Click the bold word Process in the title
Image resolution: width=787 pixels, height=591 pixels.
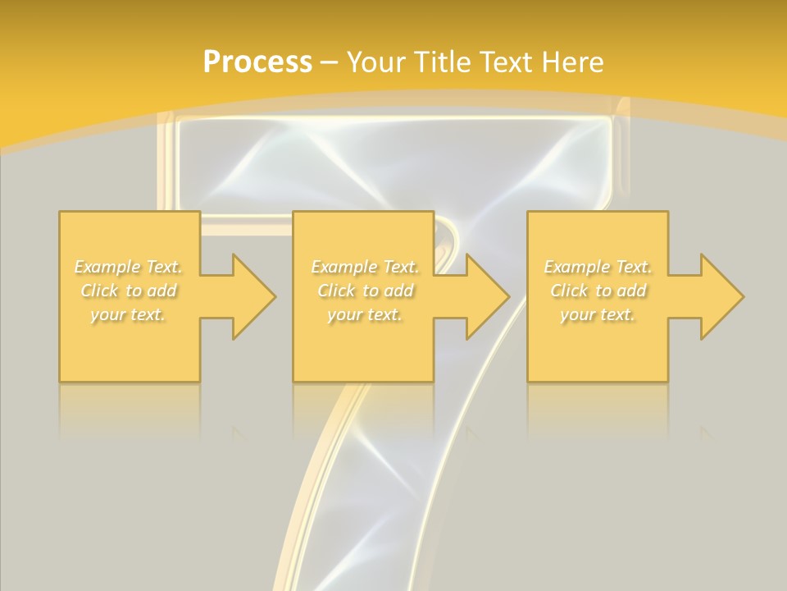coord(257,62)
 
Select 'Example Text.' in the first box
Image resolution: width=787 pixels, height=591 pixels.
coord(129,267)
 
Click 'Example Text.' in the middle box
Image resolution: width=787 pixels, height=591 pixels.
coord(365,267)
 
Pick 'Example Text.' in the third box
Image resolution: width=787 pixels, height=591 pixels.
coord(598,267)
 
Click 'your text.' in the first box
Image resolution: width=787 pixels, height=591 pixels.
coord(129,314)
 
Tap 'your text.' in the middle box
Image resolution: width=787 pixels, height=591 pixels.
coord(365,314)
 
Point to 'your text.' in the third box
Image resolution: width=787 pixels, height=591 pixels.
coord(598,314)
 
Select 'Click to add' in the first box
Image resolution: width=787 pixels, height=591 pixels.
coord(129,291)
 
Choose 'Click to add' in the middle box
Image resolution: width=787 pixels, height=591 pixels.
coord(365,291)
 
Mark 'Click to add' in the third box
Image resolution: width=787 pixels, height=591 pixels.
coord(598,291)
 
